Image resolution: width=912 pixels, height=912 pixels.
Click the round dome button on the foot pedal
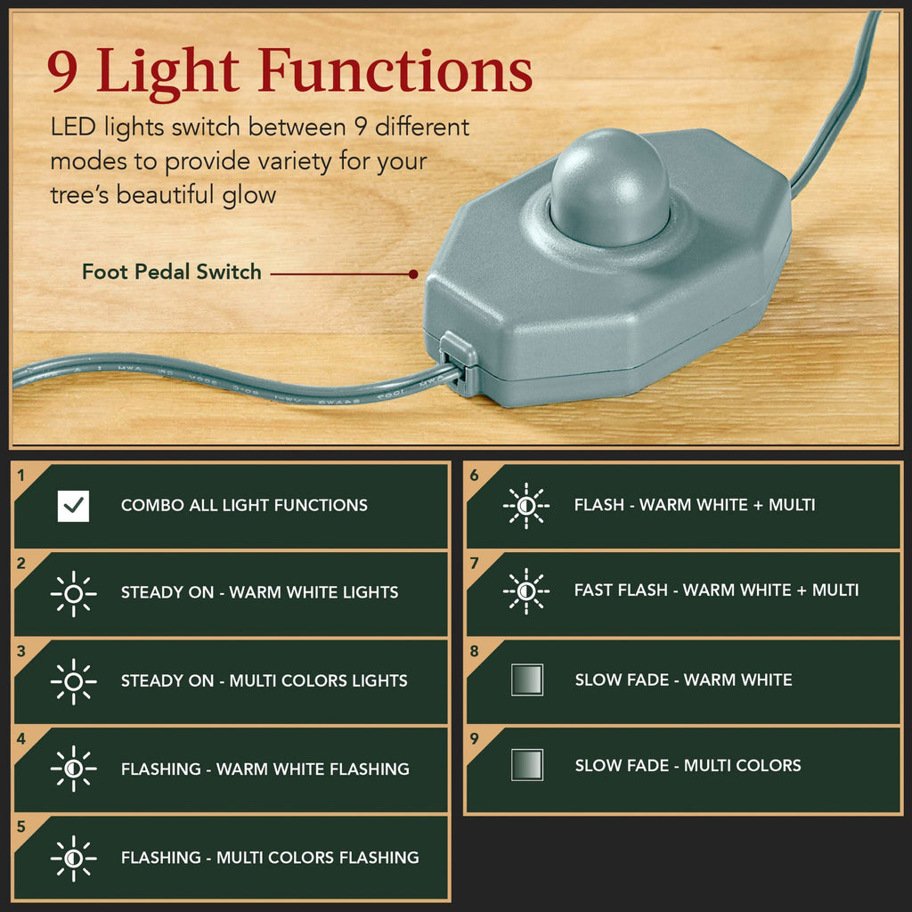[x=609, y=186]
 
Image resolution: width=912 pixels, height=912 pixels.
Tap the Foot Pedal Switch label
[x=171, y=273]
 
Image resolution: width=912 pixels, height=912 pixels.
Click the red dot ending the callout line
[x=413, y=274]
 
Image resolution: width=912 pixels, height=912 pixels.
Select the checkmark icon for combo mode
[x=73, y=506]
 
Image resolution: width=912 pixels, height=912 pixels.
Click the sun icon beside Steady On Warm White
[x=73, y=593]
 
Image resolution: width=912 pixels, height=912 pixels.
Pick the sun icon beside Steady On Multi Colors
[x=73, y=681]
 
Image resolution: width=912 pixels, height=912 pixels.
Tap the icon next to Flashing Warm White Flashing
[x=73, y=769]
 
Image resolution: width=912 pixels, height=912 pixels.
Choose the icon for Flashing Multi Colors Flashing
[x=73, y=858]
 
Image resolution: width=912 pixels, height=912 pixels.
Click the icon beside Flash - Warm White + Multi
[x=526, y=505]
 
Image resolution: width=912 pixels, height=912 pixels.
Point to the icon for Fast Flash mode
[x=526, y=590]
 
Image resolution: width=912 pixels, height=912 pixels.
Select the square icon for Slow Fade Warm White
[x=527, y=680]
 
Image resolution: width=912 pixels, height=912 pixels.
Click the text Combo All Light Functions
[x=244, y=506]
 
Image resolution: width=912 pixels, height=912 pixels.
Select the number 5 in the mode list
[x=22, y=826]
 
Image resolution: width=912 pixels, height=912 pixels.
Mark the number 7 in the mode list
[x=475, y=563]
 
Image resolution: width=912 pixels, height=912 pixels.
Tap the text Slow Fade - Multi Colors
[x=688, y=766]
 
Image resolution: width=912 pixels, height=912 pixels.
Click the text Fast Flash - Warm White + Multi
[x=716, y=590]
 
